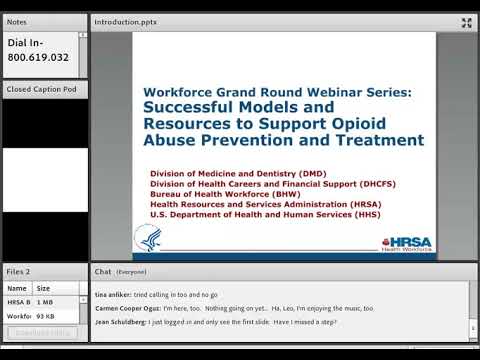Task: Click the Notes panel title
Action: (x=17, y=21)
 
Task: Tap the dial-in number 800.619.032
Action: (x=38, y=58)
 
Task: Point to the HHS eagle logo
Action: (x=148, y=237)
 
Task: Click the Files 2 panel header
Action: (x=19, y=271)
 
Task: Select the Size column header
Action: (x=43, y=288)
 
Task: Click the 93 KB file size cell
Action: (x=45, y=316)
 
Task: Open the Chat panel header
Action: (x=103, y=271)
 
